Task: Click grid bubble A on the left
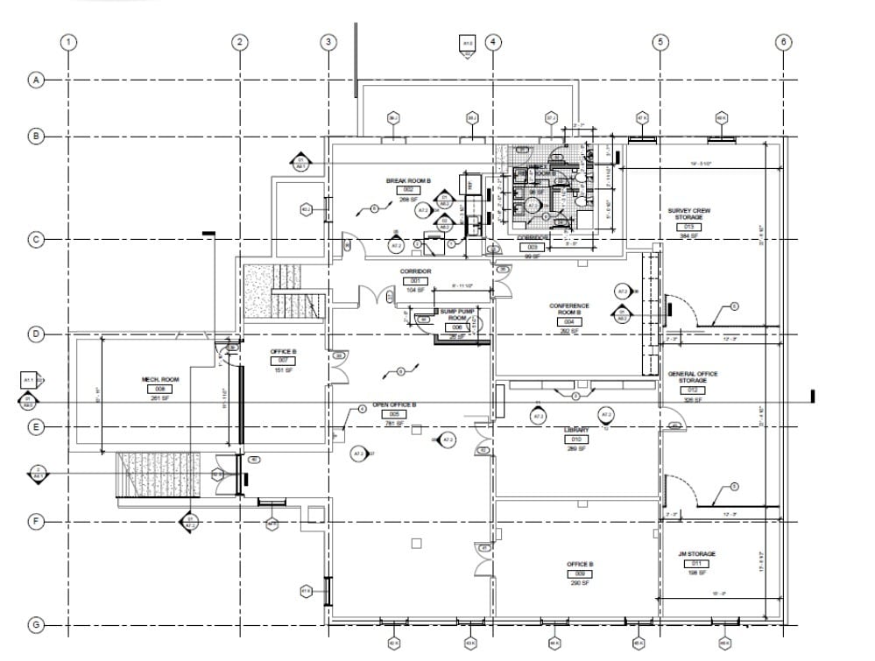click(36, 80)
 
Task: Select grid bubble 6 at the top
click(784, 41)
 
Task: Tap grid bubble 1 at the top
click(69, 41)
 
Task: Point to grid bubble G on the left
click(36, 625)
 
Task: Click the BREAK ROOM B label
click(408, 181)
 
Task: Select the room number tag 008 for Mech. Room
click(159, 389)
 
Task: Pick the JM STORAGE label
click(696, 554)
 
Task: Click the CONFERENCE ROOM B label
click(569, 309)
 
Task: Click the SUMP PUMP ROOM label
click(457, 314)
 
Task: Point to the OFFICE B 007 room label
click(283, 351)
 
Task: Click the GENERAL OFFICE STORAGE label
click(693, 377)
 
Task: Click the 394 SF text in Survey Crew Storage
click(689, 236)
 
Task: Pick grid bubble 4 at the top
click(493, 41)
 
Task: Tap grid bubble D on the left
click(36, 334)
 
